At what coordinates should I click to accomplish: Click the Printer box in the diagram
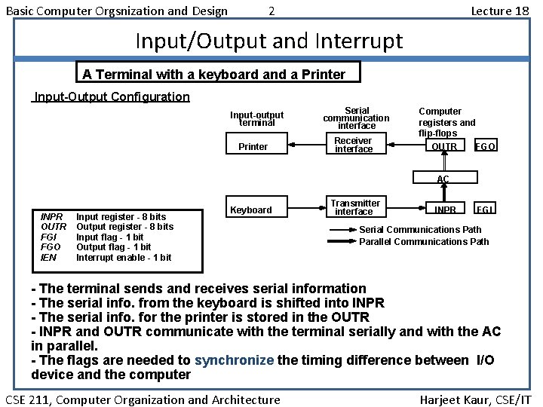(x=253, y=146)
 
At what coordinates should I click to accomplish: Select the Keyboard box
(x=251, y=210)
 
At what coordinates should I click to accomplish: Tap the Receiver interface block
(x=354, y=145)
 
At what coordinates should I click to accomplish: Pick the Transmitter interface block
(x=355, y=207)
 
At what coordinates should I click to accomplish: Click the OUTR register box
(x=443, y=146)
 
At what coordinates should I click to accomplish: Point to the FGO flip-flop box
(x=485, y=146)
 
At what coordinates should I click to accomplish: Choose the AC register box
(x=443, y=179)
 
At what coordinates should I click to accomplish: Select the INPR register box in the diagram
(x=445, y=209)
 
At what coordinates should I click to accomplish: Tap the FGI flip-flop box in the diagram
(x=484, y=209)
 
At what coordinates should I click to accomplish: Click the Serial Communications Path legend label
(x=420, y=229)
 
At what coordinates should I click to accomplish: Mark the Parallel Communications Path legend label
(x=424, y=241)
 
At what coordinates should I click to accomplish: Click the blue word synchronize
(x=235, y=360)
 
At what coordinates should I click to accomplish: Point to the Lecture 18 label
(x=499, y=11)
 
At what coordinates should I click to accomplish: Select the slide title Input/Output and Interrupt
(x=268, y=41)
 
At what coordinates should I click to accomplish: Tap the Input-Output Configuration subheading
(x=112, y=96)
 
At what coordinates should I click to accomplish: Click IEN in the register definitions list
(x=48, y=258)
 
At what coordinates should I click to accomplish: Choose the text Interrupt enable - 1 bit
(x=124, y=258)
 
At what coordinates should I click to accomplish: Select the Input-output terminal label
(x=257, y=118)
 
